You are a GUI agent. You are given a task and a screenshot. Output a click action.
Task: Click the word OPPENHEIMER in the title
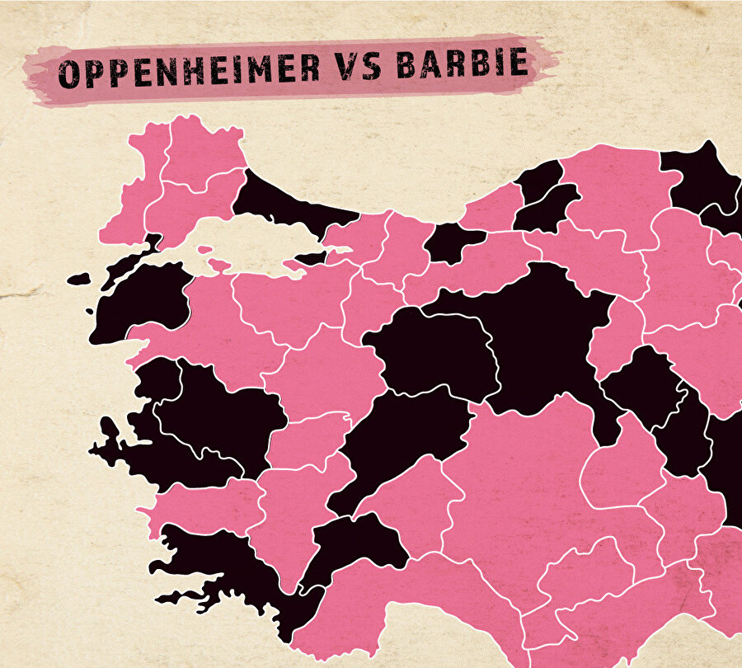coord(190,72)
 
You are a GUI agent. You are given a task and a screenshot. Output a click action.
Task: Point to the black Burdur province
coord(355,544)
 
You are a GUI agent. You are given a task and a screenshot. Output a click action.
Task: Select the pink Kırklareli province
coord(202,148)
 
